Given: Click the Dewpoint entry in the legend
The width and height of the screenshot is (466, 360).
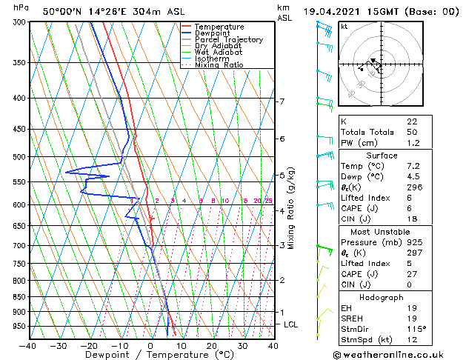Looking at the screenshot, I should [213, 33].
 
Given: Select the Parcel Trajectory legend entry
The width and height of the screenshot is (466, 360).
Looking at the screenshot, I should [228, 40].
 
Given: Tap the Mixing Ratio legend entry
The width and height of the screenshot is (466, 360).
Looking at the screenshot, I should [219, 65].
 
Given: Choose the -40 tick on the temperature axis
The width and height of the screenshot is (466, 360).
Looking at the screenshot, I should [28, 345].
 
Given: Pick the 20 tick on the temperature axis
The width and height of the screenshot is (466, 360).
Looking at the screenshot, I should [212, 345].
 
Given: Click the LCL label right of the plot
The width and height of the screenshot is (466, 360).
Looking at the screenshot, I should [291, 324].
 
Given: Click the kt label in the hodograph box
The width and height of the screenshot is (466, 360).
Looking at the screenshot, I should [344, 27].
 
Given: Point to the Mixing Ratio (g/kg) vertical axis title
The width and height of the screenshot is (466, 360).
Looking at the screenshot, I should [291, 208].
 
